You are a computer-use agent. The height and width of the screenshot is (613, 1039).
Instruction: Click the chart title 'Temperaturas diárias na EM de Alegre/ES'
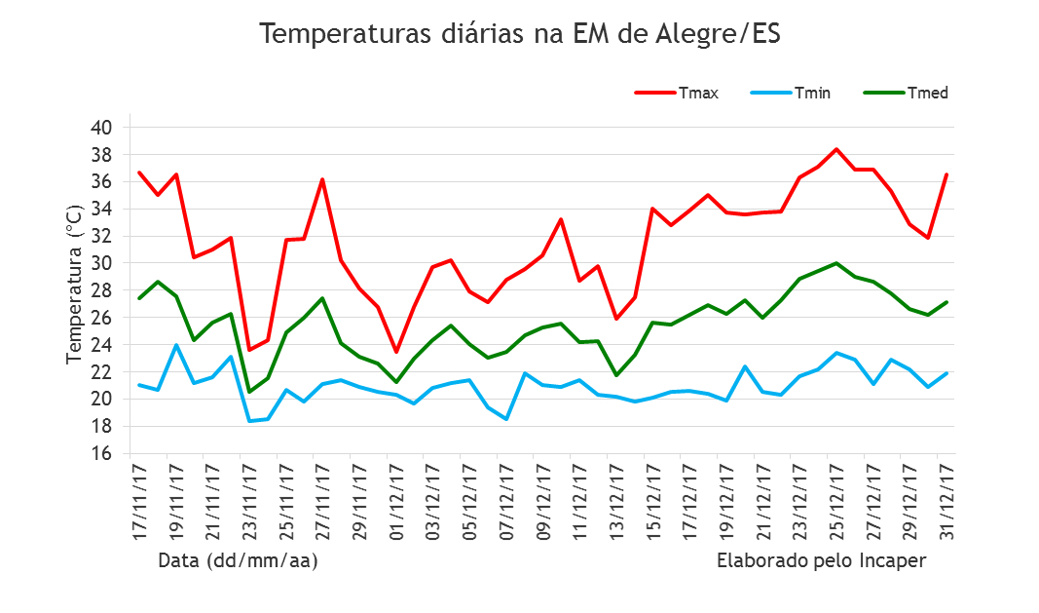tap(520, 34)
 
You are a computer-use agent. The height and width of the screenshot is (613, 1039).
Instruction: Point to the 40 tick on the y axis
tap(102, 128)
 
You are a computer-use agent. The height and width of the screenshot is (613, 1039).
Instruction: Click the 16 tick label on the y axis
tap(102, 454)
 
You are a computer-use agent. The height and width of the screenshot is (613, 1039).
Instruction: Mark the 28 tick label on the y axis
tap(102, 290)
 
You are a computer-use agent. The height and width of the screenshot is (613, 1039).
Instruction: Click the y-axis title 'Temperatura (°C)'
tap(75, 285)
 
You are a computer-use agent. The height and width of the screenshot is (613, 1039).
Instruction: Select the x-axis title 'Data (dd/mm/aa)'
tap(238, 561)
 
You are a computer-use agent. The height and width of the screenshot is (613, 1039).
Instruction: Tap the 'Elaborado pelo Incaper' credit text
tap(821, 561)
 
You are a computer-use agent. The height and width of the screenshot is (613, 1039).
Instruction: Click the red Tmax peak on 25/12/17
tap(835, 149)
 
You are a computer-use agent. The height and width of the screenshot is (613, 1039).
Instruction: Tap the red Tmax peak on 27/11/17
tap(322, 179)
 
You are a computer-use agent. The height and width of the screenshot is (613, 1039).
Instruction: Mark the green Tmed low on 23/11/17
tap(249, 392)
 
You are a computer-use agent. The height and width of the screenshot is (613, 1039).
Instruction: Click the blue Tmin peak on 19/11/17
tap(176, 345)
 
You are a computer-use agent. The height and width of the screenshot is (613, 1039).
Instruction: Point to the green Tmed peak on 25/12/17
tap(835, 263)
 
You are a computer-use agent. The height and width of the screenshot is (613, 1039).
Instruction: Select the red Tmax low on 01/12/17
tap(396, 352)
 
